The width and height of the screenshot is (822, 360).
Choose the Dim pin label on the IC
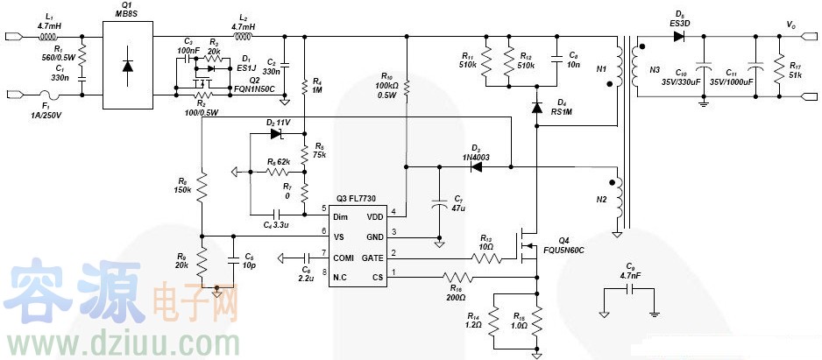click(341, 215)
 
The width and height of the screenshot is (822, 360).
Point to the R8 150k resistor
click(201, 187)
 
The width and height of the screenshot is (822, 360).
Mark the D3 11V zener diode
click(280, 134)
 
